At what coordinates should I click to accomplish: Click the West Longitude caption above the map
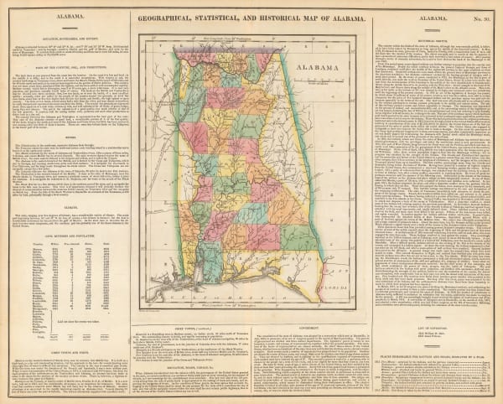(x=251, y=39)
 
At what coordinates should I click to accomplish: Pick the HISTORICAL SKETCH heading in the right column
(x=436, y=39)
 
